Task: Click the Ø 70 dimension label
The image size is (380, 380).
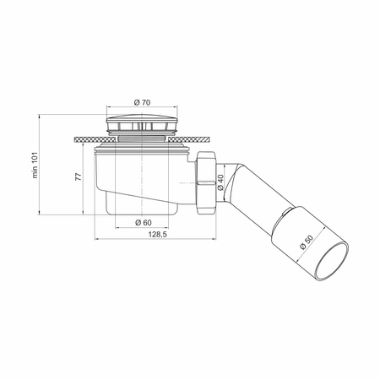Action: (142, 102)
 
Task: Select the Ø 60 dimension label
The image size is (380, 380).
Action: (144, 223)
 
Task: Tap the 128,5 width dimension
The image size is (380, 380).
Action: (158, 234)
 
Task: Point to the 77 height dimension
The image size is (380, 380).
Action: (79, 176)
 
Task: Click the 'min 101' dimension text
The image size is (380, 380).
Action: (35, 165)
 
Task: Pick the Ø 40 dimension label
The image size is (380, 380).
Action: (220, 182)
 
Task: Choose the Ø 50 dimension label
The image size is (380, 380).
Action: (307, 242)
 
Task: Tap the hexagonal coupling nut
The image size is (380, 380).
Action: (206, 183)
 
